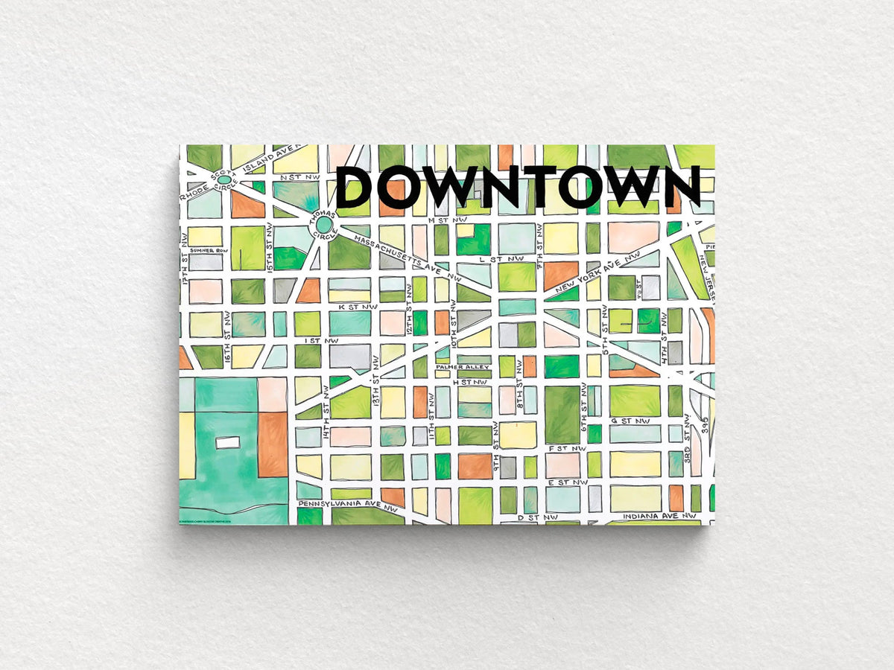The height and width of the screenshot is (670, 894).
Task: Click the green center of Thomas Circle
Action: (323, 224)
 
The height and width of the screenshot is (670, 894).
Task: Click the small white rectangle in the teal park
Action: (228, 442)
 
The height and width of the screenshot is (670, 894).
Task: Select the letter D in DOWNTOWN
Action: (356, 187)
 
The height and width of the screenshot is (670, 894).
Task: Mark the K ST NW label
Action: (352, 306)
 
